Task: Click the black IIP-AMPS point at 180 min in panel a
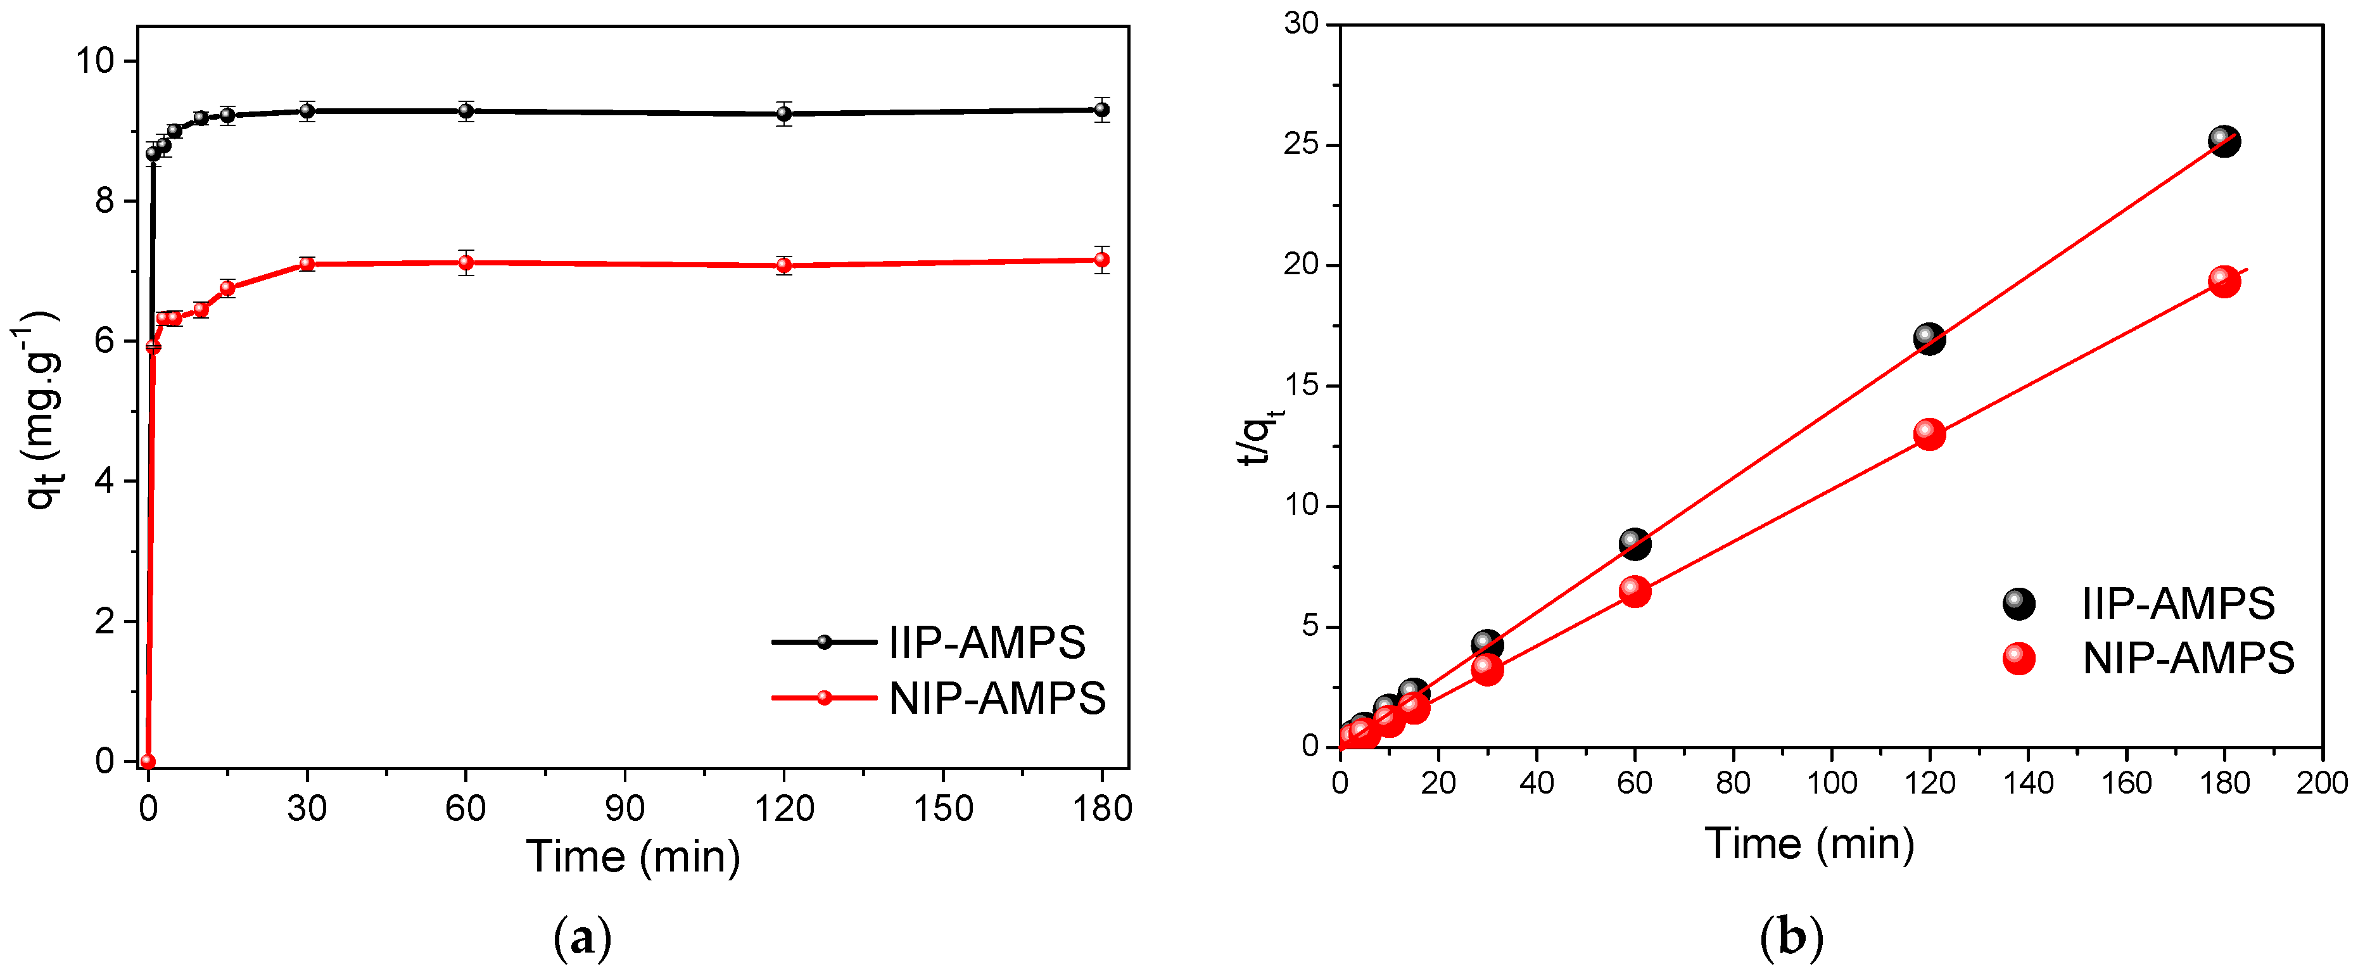point(1102,110)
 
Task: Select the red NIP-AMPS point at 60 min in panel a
point(466,263)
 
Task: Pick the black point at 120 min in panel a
point(783,113)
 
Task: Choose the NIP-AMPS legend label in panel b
point(2188,658)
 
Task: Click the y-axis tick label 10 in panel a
point(95,61)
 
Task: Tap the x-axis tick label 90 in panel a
point(624,808)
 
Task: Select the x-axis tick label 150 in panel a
point(943,808)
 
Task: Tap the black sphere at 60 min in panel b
point(1635,543)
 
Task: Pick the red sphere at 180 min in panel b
point(2224,281)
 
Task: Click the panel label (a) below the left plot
point(582,939)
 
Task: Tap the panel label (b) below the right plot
point(1791,939)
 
